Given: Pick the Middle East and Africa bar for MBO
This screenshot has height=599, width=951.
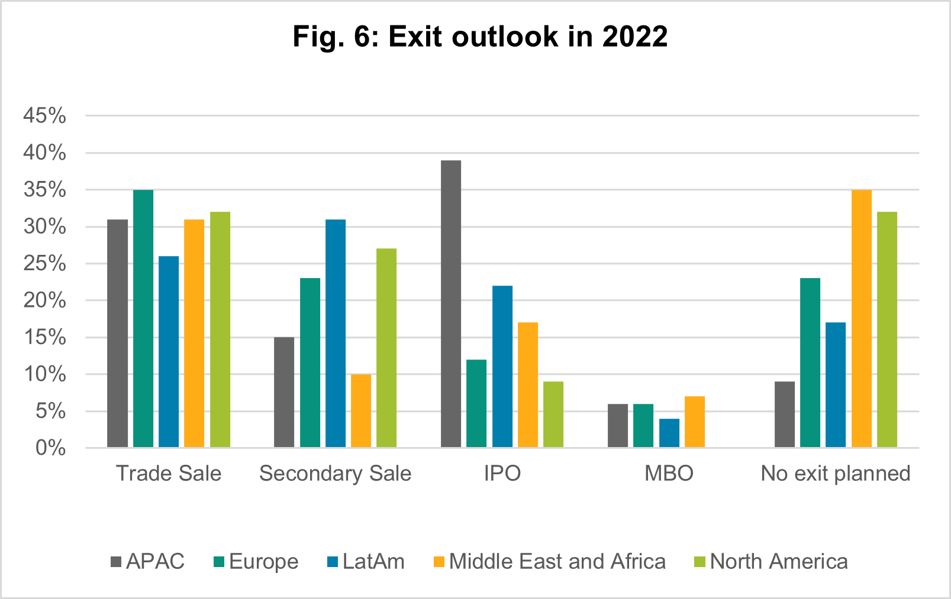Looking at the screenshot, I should [695, 422].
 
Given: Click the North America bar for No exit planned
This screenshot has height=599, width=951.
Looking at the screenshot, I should [887, 329].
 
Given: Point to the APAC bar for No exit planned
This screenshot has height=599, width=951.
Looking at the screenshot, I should [785, 415].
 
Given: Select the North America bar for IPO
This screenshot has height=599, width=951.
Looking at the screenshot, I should [553, 415].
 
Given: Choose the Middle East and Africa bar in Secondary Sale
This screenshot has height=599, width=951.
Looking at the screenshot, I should [361, 410].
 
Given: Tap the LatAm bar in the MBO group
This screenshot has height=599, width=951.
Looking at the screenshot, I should [669, 433].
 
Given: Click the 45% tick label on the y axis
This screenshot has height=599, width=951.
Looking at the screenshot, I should [45, 116].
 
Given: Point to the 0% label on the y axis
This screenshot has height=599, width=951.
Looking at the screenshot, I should [51, 448].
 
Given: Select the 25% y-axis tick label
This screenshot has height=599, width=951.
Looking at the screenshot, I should [45, 264].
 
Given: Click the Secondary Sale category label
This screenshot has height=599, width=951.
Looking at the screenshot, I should [335, 474].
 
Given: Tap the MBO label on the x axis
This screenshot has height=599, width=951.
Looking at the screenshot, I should [669, 474].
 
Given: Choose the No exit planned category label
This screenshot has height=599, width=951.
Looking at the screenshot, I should [835, 474].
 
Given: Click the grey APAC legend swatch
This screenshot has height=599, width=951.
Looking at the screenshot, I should [116, 562].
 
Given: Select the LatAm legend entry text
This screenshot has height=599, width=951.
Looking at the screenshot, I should [373, 562].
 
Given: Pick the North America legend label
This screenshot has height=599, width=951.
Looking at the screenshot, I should [779, 562].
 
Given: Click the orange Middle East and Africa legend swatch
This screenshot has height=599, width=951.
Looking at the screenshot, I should [439, 562].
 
